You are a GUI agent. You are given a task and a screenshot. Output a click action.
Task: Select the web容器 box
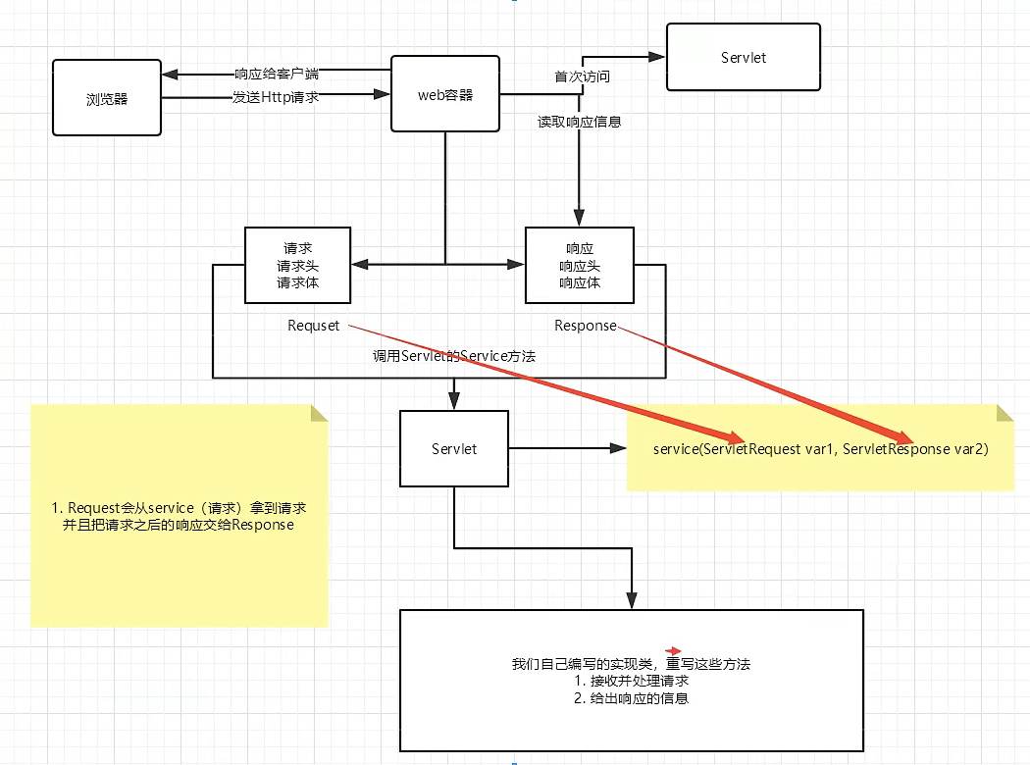[445, 94]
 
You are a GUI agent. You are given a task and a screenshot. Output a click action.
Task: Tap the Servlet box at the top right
[743, 58]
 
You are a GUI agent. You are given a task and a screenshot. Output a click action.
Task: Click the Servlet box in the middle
[454, 448]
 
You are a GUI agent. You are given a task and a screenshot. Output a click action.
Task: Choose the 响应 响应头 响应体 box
[580, 266]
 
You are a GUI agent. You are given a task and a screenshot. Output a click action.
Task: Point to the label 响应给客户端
[277, 74]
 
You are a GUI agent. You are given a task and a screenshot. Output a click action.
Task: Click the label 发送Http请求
[275, 97]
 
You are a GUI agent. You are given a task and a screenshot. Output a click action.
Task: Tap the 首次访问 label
[575, 76]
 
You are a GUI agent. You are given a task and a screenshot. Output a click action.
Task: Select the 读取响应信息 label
[579, 123]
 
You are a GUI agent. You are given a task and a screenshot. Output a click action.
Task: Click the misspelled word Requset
[313, 326]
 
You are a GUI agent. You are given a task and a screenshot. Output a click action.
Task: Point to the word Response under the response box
[586, 326]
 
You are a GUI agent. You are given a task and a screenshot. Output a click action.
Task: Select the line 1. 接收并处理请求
[631, 682]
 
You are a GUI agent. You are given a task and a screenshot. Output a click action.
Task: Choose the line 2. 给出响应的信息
[631, 699]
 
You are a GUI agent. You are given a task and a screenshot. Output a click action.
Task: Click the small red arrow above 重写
[674, 650]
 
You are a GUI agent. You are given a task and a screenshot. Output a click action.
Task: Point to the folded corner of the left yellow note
[319, 412]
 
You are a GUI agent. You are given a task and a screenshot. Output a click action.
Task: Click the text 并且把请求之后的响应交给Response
[178, 526]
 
